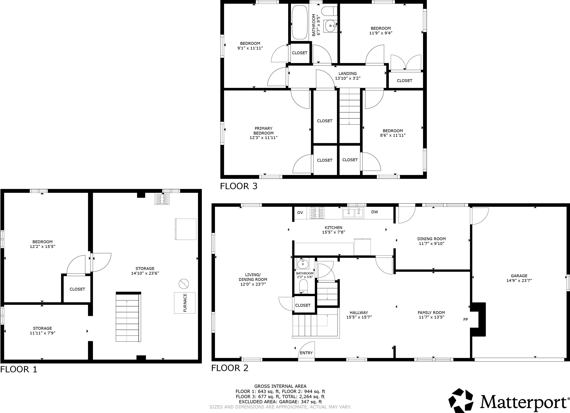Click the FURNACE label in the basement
point(185,303)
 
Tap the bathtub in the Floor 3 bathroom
point(300,22)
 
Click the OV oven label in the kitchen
point(300,212)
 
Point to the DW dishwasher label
point(374,212)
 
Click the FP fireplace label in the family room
point(465,320)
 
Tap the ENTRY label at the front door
point(306,353)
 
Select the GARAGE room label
point(519,276)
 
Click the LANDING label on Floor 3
point(348,73)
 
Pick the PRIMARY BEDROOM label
point(263,131)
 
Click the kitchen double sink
point(353,213)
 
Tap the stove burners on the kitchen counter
point(317,213)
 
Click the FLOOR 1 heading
point(19,369)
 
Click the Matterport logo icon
point(461,401)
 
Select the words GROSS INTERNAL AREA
point(280,386)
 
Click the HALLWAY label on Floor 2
point(359,312)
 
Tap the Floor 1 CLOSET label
point(77,289)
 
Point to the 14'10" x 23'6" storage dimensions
point(145,273)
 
